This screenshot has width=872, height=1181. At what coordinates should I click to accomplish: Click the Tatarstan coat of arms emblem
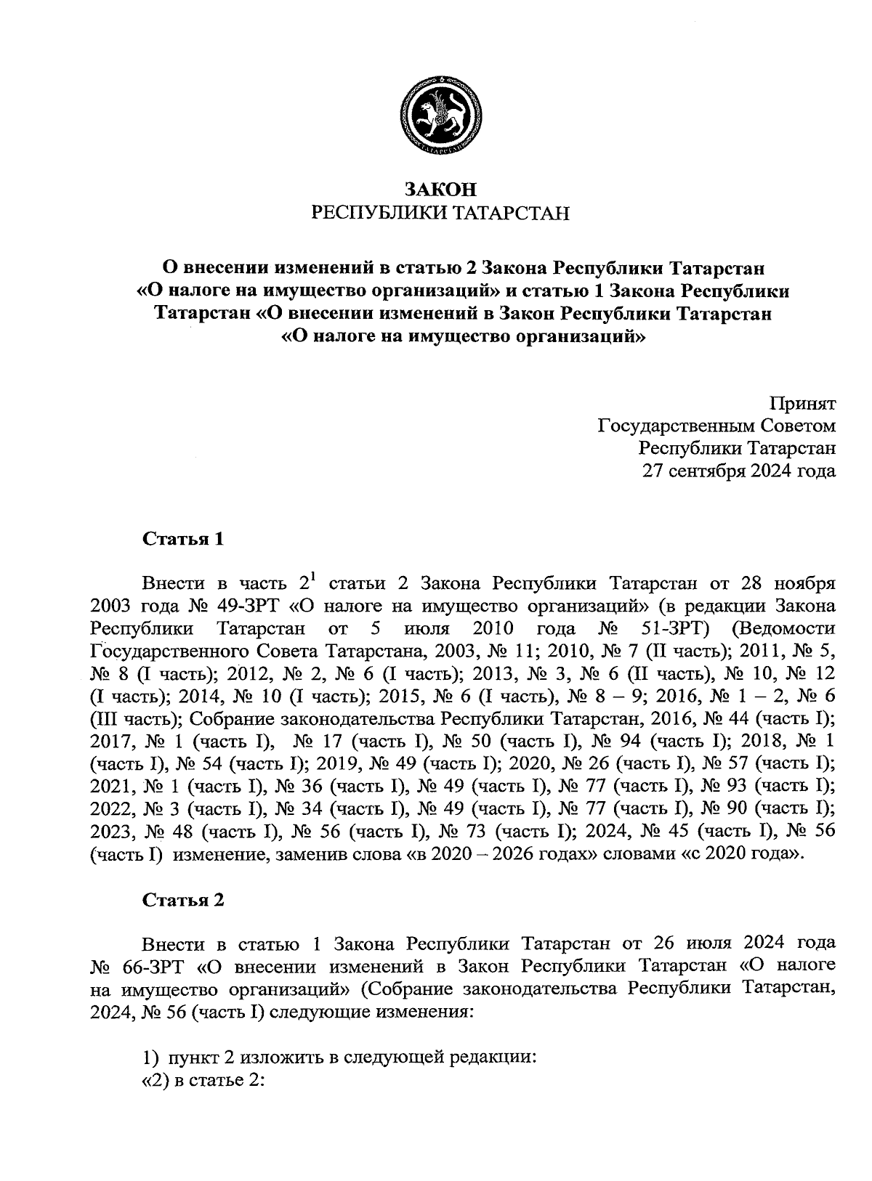[x=441, y=115]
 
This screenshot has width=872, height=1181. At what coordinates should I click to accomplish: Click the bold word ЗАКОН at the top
[x=440, y=190]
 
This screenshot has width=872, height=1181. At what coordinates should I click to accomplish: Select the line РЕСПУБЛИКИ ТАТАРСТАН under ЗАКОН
[x=440, y=213]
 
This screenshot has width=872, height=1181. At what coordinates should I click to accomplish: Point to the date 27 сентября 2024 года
[x=738, y=471]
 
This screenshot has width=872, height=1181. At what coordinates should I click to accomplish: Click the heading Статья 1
[x=183, y=539]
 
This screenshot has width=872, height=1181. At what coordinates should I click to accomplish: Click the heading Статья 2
[x=183, y=900]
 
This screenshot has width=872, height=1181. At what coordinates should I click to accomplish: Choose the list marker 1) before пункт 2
[x=150, y=1057]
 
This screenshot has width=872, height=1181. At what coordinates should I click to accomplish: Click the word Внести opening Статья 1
[x=173, y=583]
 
